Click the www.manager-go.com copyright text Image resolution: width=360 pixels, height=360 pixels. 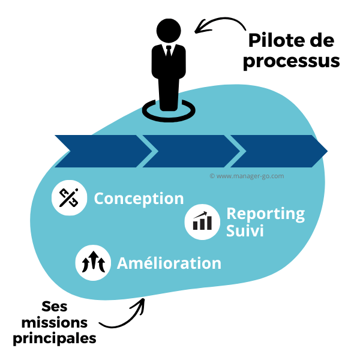pos(247,176)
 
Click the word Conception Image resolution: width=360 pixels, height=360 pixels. pos(139,199)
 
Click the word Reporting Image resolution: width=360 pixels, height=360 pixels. pos(265,214)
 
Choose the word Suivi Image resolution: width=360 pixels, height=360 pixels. pos(245,231)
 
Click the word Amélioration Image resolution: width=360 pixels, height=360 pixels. pos(169,263)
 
